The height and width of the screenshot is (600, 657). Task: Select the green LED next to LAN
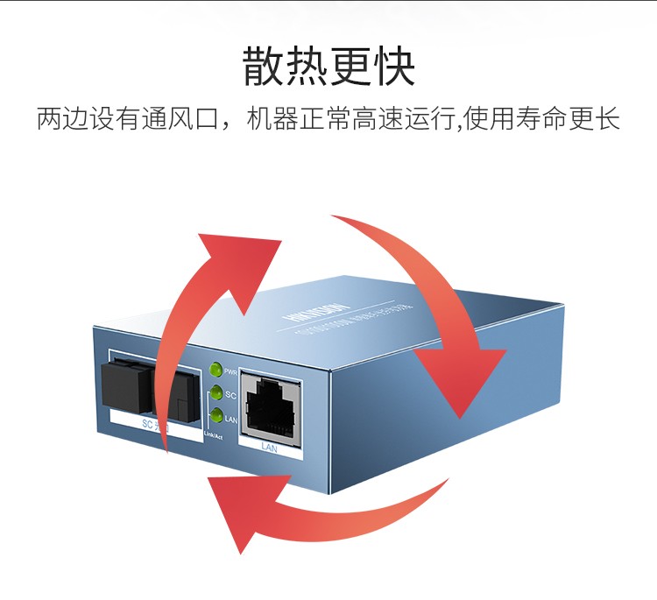(216, 415)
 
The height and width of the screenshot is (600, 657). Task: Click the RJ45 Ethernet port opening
(270, 406)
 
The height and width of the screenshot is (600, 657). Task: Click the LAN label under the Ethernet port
(270, 446)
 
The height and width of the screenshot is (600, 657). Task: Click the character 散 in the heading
(265, 67)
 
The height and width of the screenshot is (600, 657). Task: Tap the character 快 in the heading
(393, 67)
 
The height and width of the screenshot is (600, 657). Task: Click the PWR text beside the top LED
(231, 371)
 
